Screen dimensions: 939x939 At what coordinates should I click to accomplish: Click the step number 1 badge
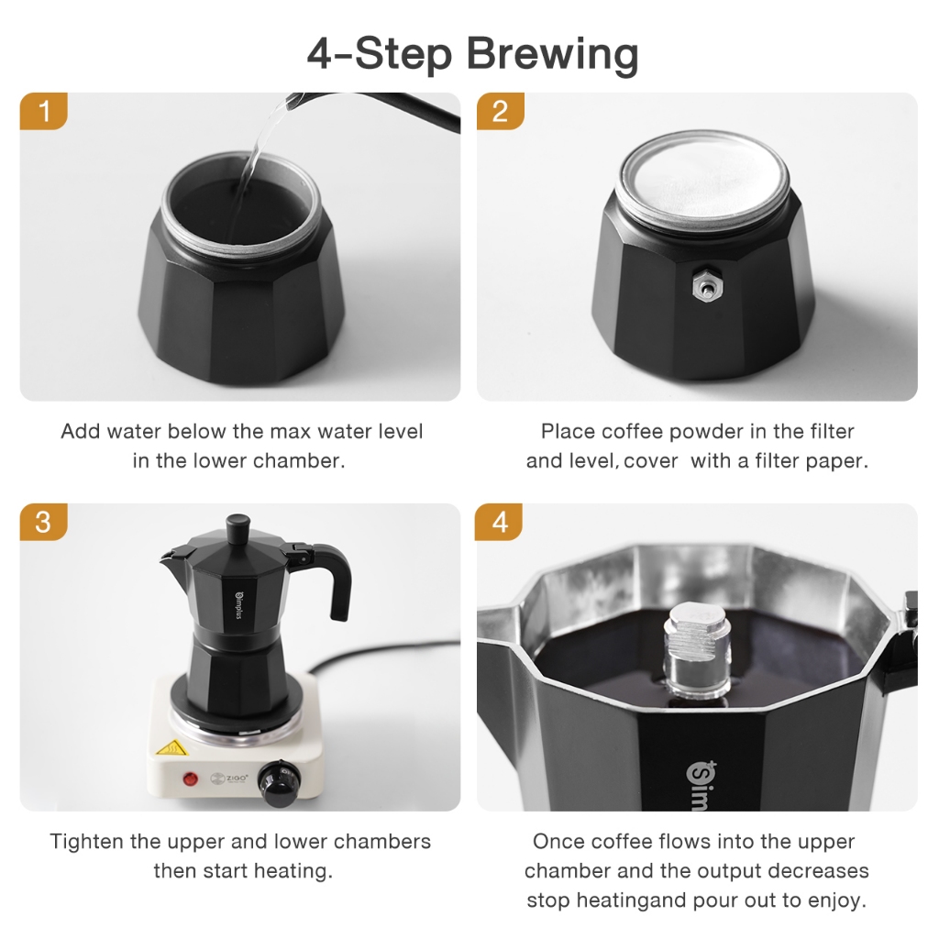42,112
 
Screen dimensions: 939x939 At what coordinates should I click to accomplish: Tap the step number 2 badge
500,112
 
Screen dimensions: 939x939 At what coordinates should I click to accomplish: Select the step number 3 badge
42,522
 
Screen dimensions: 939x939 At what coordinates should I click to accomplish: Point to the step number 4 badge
500,522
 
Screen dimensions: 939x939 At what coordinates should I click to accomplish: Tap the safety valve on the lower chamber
704,286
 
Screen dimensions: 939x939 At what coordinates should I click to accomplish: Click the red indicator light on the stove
191,779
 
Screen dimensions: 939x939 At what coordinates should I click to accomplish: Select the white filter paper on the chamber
703,179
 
